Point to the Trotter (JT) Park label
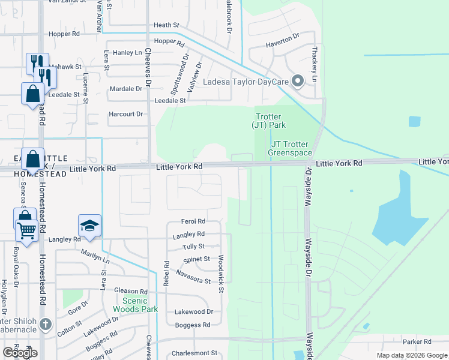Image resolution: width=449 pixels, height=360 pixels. point(268,121)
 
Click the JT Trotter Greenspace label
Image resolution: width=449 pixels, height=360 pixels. point(292,148)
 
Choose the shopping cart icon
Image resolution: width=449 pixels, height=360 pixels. point(26,229)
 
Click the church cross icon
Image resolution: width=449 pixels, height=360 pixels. point(45,325)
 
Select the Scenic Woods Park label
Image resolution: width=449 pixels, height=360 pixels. point(140,305)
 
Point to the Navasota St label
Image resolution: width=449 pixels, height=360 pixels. point(193,277)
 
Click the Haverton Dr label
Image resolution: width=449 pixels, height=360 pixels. point(283,41)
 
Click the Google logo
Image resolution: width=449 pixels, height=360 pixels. point(20,352)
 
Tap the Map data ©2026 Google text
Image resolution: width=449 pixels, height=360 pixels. point(411,355)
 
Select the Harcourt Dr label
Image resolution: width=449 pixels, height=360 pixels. point(126,114)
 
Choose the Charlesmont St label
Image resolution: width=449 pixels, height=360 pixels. point(193,353)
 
